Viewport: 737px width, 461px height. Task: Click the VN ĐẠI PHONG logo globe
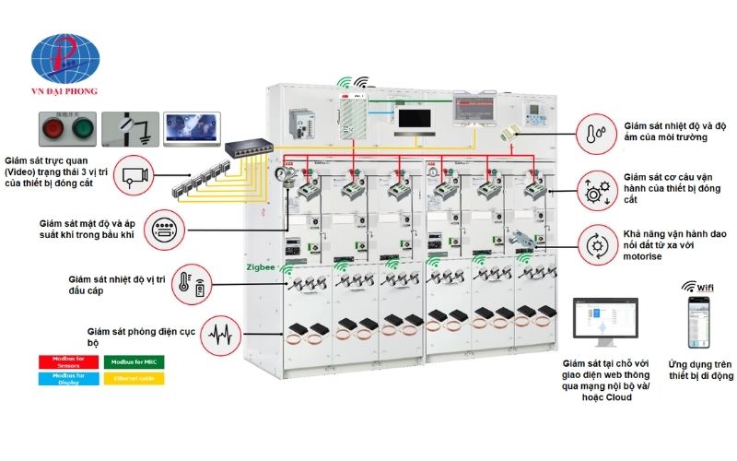(x=63, y=57)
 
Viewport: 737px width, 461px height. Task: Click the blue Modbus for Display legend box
(x=68, y=379)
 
